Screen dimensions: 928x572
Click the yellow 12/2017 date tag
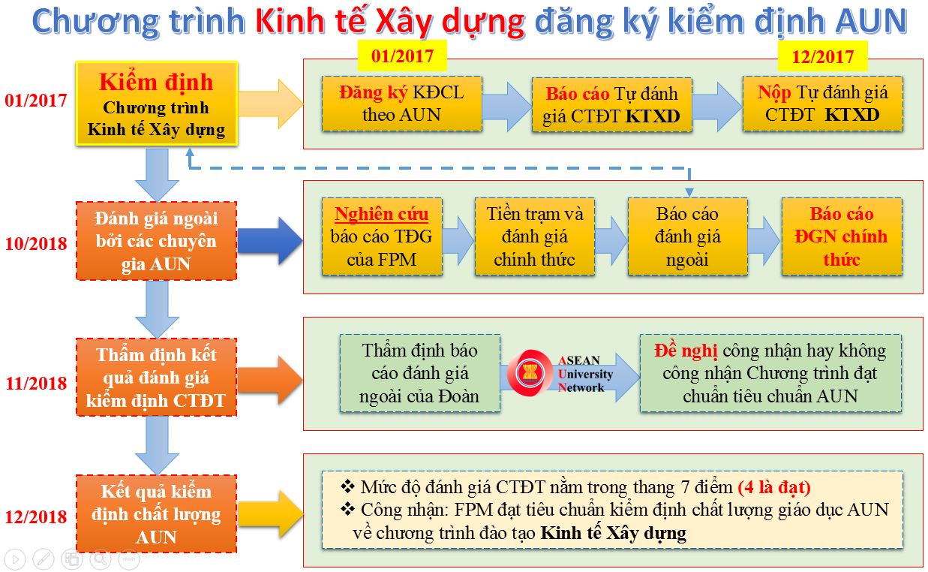(x=823, y=56)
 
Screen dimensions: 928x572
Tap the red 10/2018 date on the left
(x=35, y=244)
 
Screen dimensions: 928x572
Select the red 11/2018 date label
(x=36, y=384)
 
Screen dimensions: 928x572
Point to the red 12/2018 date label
(x=35, y=517)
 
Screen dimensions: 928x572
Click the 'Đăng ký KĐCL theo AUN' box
(x=402, y=104)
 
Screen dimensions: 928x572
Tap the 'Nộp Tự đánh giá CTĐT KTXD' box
(x=823, y=104)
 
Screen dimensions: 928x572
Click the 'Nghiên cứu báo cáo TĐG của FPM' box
(x=382, y=236)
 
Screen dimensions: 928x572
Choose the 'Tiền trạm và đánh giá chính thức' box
(x=535, y=236)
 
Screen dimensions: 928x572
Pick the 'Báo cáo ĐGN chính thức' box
(x=842, y=236)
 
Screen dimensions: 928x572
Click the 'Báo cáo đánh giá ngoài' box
(x=688, y=236)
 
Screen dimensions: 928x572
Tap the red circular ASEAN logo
(x=530, y=372)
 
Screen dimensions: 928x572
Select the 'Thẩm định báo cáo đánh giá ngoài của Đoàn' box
(x=420, y=373)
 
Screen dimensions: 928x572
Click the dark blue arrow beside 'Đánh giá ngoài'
(x=270, y=241)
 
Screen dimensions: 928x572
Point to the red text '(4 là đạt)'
(x=774, y=487)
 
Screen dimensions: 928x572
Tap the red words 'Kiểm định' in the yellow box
(x=156, y=82)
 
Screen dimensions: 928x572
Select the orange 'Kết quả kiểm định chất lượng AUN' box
(x=156, y=513)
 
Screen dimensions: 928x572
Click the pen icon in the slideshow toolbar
(x=43, y=559)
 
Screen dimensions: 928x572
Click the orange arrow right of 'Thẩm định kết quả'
(x=270, y=380)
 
